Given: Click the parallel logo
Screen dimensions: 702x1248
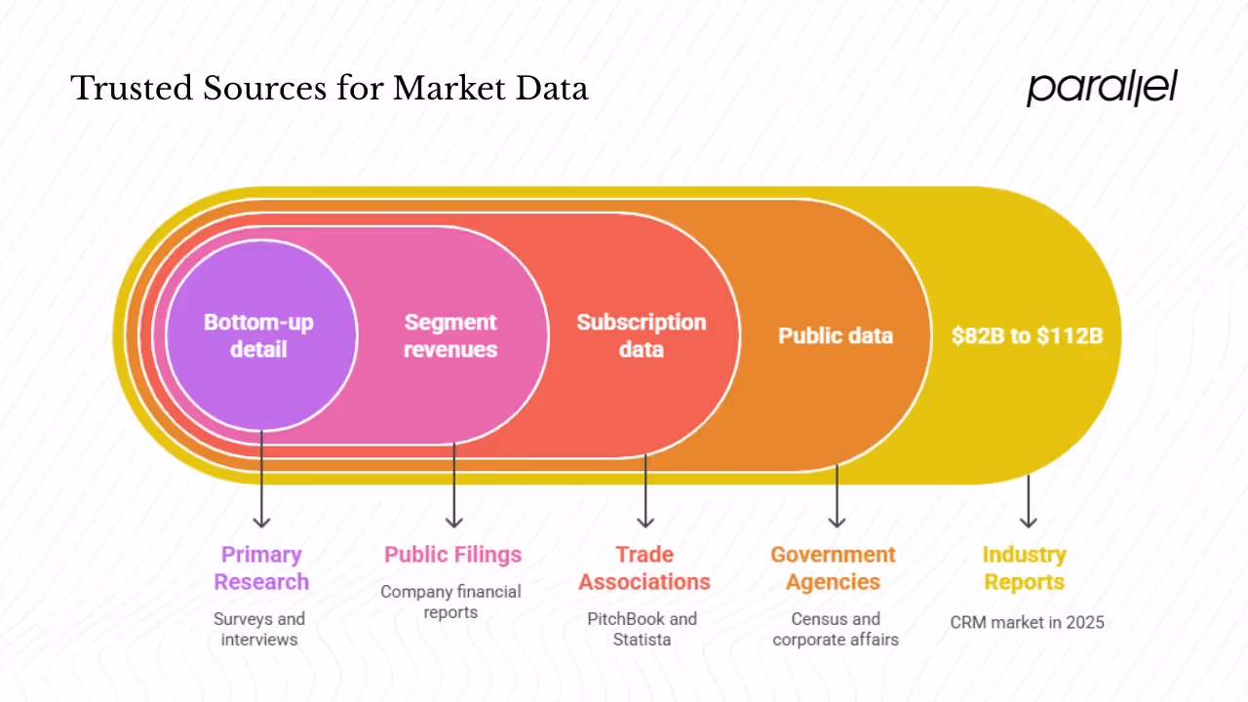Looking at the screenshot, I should coord(1102,88).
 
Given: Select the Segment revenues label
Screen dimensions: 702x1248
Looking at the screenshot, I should coord(450,334).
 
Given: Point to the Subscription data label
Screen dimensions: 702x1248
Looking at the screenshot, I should coord(641,334).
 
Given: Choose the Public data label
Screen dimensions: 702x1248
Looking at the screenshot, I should coord(835,335).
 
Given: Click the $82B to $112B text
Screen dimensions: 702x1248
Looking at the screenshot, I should coord(1027,335).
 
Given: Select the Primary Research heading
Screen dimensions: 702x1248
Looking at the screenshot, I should coord(260,567).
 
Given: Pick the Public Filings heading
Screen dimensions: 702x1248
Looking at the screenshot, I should coord(452,554).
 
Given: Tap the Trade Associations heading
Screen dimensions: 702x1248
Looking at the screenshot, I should coord(644,567).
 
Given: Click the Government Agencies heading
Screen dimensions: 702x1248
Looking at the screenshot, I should coord(833,567).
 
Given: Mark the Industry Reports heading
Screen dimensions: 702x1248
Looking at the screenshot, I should coord(1024,567).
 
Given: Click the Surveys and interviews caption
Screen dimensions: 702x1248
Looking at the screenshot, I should coord(259,629).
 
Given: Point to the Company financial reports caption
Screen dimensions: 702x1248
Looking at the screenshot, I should coord(450,602).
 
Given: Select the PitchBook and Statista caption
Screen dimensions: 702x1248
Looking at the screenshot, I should coord(643,629).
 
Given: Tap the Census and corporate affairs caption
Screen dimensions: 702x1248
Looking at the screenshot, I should coord(836,629).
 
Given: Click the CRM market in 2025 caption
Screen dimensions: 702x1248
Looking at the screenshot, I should coord(1027,621).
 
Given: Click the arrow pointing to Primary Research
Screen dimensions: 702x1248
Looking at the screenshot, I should coord(261,483).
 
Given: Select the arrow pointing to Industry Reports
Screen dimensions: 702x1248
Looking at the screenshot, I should coord(1028,502).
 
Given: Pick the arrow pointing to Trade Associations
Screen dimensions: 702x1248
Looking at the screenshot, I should coord(645,492).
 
